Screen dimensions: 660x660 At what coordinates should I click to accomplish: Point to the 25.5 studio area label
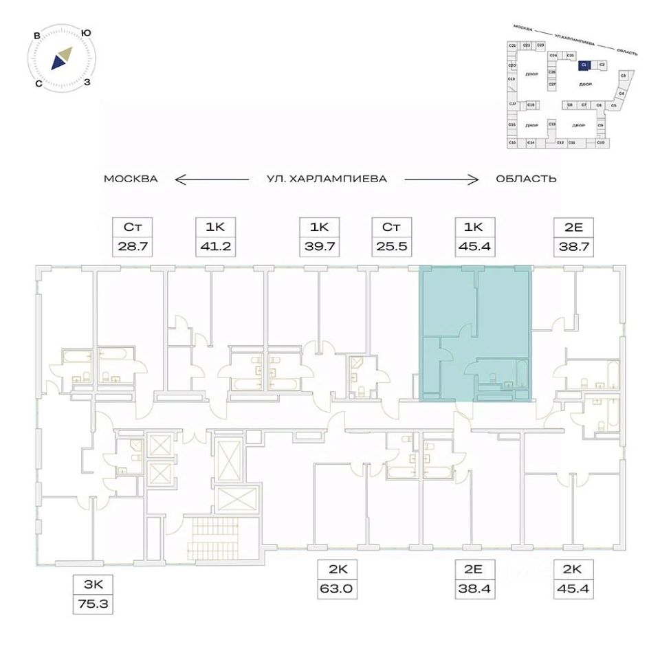[x=391, y=245]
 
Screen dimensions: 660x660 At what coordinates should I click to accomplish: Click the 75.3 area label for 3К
[x=91, y=606]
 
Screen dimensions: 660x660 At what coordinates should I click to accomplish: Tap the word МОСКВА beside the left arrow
[x=131, y=179]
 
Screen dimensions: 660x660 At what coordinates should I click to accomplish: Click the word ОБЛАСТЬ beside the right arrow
[x=526, y=179]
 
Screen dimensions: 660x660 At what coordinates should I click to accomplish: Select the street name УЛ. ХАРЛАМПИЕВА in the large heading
[x=327, y=179]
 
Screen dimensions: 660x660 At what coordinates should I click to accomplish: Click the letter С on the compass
[x=39, y=83]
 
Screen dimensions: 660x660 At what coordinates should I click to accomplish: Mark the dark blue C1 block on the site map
[x=583, y=65]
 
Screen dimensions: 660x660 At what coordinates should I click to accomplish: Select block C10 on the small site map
[x=600, y=142]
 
